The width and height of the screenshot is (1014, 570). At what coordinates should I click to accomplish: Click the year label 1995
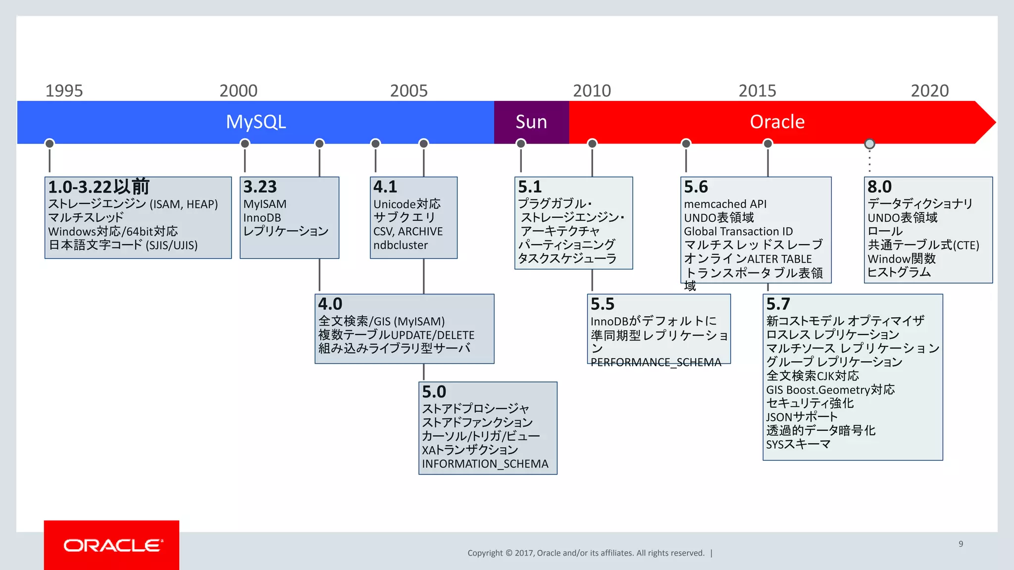(64, 91)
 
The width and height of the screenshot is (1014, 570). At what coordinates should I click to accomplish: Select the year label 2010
(592, 91)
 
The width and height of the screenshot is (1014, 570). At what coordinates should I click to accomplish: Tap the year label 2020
(929, 91)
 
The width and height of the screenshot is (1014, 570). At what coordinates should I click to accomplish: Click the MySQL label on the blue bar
(255, 122)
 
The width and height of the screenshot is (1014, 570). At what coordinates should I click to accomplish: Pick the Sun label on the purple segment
(531, 122)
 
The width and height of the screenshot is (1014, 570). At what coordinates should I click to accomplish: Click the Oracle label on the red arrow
(777, 122)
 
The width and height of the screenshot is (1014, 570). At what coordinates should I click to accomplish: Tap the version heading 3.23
(259, 187)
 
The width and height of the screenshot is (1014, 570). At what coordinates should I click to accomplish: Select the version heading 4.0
(330, 304)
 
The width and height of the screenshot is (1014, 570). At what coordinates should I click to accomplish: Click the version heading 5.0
(434, 392)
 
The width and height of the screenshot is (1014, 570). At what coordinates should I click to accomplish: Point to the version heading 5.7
(778, 304)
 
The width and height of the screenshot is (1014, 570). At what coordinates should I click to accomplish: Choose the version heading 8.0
(879, 187)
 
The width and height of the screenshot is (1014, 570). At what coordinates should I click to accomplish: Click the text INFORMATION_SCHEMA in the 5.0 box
(485, 464)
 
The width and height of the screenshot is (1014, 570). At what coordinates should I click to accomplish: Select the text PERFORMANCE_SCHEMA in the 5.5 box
(656, 362)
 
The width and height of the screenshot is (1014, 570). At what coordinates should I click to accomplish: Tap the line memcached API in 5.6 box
(725, 204)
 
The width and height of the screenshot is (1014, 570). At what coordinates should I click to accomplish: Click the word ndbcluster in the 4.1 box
(400, 245)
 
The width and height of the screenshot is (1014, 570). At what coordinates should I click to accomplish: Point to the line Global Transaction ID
(738, 231)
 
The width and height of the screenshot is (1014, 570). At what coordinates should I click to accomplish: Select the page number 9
(961, 544)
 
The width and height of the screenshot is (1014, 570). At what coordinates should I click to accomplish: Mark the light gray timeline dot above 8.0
(869, 143)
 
